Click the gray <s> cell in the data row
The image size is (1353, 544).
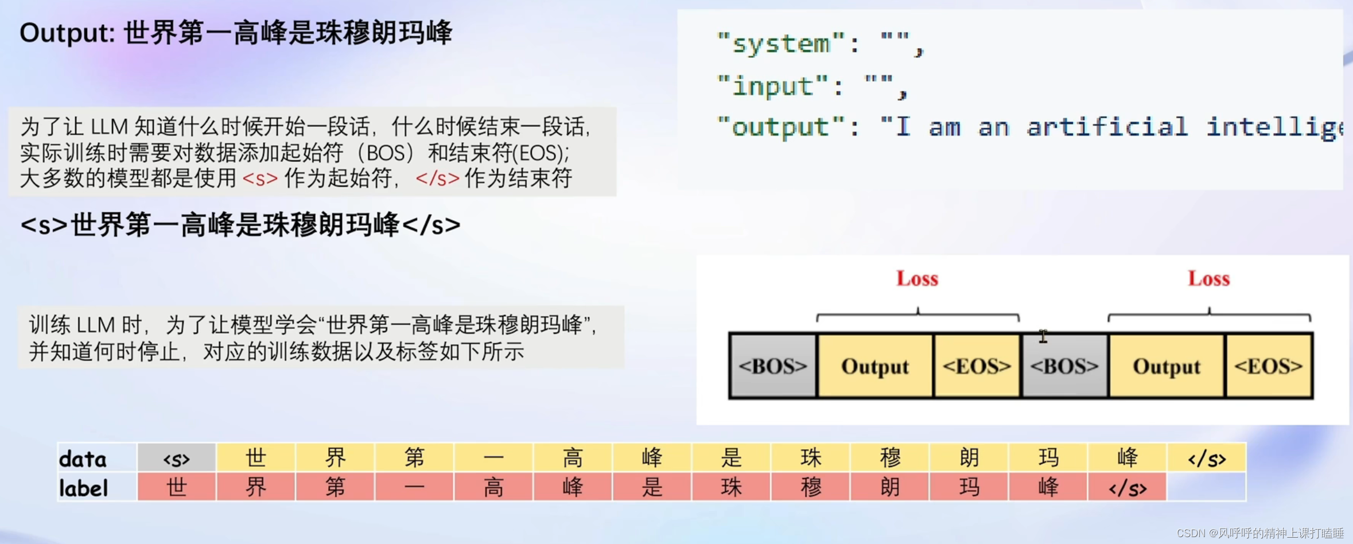pos(176,458)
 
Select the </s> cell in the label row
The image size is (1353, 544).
pos(1127,488)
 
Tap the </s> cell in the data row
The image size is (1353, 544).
pos(1206,458)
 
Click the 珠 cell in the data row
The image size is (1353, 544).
pos(811,458)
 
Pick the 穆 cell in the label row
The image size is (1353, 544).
pos(811,487)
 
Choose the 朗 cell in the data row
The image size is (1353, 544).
pos(969,458)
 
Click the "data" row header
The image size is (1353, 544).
pos(83,459)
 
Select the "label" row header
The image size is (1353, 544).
pos(84,488)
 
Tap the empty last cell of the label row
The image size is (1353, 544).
pos(1206,487)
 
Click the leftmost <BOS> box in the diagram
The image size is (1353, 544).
pos(772,366)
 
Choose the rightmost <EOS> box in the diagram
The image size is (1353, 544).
pos(1269,366)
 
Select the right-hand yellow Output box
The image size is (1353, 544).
pos(1167,366)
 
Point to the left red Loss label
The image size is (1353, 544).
pos(917,279)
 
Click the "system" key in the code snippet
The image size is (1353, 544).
pos(781,44)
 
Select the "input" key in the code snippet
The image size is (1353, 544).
pos(773,86)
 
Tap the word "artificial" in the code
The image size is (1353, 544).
pos(1107,127)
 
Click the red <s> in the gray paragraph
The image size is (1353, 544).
pos(260,178)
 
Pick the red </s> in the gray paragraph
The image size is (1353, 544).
pos(437,178)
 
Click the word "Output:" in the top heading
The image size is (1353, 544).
pos(68,33)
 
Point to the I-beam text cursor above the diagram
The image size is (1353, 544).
pos(1043,337)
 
